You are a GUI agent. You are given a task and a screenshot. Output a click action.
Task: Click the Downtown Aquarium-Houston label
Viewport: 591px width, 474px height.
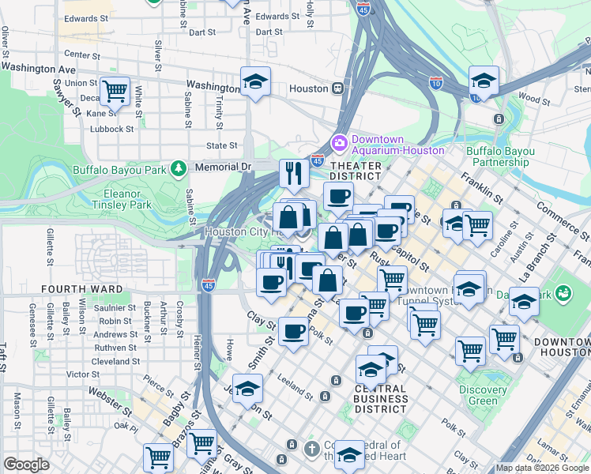coord(397,144)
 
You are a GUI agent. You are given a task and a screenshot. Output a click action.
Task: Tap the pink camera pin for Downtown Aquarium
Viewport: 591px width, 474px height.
coord(340,143)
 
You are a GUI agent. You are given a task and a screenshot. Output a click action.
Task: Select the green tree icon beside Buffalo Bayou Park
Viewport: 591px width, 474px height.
coord(179,167)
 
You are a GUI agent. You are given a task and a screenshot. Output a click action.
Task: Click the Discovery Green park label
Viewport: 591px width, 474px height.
coord(482,395)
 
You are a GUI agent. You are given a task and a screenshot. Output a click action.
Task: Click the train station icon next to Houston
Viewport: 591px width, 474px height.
coord(337,88)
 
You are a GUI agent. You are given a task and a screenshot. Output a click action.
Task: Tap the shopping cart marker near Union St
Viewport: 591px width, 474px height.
coord(115,90)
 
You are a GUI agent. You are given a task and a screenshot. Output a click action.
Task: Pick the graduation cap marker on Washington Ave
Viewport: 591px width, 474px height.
coord(255,81)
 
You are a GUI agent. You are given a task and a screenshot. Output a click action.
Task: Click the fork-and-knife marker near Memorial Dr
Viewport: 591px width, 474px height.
coord(294,173)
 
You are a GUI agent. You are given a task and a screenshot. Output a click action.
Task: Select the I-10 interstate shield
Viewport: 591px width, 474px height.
coord(436,81)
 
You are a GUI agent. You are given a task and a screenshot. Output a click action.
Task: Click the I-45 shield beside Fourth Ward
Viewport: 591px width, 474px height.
coord(208,284)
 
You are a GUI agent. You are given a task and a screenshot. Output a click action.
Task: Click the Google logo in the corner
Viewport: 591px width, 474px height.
coord(26,465)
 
